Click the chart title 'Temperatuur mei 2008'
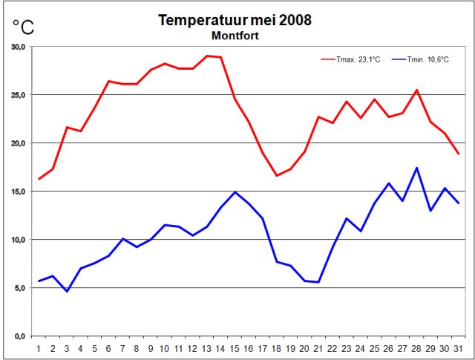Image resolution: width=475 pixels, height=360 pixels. click(x=235, y=20)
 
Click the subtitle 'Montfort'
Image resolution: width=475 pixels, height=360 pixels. click(x=235, y=35)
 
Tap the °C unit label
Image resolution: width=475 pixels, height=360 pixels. click(x=23, y=27)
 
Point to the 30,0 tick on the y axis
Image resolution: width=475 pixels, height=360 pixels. click(x=18, y=47)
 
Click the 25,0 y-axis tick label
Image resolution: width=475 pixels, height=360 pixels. click(x=18, y=95)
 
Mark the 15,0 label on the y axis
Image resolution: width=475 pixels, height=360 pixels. click(x=18, y=192)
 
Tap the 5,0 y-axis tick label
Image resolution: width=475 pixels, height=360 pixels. click(x=20, y=288)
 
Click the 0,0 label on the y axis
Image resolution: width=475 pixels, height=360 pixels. click(x=20, y=336)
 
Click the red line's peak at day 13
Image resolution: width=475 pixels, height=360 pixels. click(x=206, y=56)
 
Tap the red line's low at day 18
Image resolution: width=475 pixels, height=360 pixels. click(x=276, y=175)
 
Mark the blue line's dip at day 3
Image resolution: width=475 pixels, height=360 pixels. click(x=67, y=291)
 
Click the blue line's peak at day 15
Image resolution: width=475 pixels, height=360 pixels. click(x=235, y=192)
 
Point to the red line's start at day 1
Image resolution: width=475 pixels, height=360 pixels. click(x=39, y=179)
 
